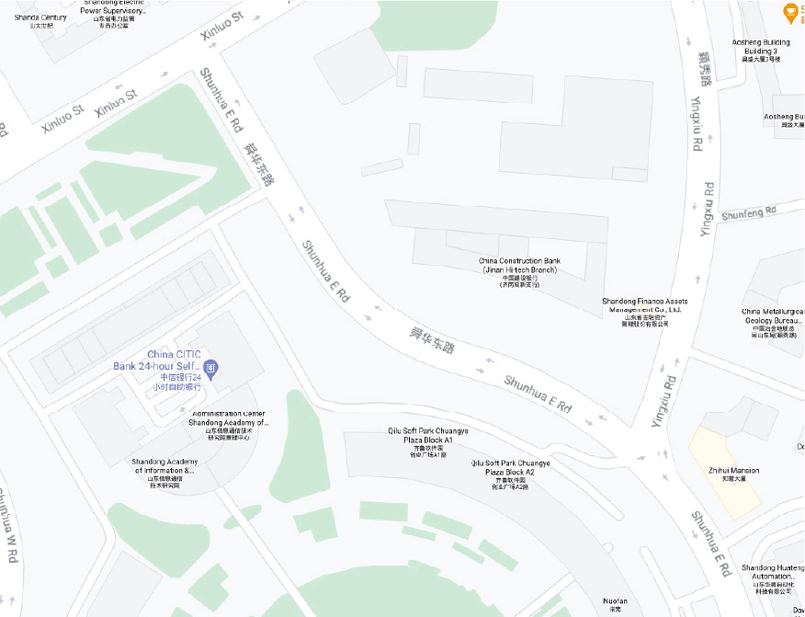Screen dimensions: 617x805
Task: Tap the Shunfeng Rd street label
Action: click(x=749, y=213)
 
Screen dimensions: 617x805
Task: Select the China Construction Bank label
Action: click(x=519, y=266)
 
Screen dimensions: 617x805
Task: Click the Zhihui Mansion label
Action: click(x=733, y=471)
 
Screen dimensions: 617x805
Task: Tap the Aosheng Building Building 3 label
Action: click(x=760, y=47)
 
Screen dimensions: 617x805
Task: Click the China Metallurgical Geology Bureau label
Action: click(x=773, y=317)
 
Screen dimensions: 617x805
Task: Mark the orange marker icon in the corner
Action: click(x=788, y=12)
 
